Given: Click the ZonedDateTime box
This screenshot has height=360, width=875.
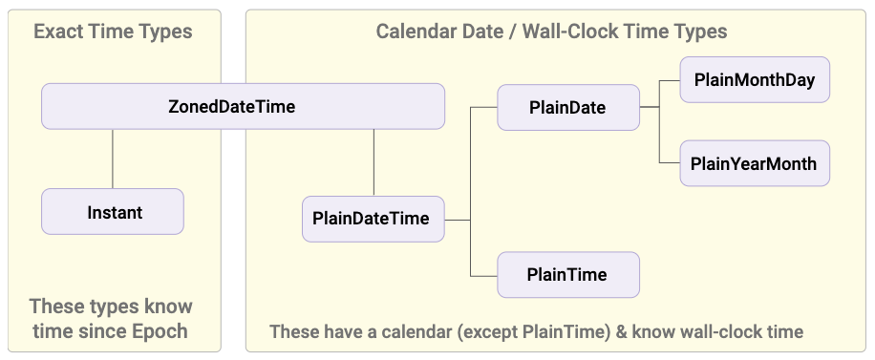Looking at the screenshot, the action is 244,106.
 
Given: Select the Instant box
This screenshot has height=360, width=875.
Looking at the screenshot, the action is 113,212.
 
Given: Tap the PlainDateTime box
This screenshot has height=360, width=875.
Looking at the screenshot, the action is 373,219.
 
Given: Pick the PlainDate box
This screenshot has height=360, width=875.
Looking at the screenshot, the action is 568,107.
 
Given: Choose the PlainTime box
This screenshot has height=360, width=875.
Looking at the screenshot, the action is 568,275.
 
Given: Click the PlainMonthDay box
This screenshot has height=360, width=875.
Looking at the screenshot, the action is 755,79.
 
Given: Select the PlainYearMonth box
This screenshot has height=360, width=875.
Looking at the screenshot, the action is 755,163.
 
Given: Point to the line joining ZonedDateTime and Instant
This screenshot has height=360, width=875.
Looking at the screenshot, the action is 113,159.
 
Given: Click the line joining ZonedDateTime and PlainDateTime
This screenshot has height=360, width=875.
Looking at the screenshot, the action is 373,162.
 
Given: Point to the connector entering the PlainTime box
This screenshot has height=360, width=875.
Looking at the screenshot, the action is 483,276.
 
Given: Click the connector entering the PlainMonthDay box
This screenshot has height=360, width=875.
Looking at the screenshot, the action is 670,80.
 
